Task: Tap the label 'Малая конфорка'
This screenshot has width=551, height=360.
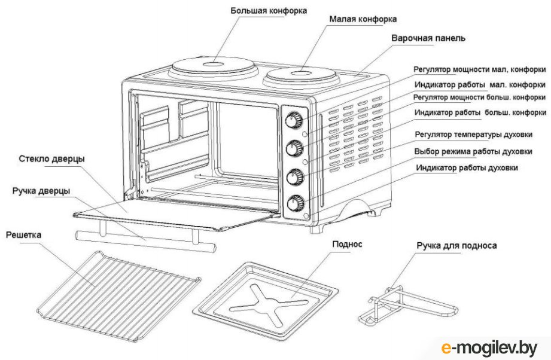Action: pos(363,19)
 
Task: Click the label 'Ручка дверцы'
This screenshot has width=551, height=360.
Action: pos(41,191)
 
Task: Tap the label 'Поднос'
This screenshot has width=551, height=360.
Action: pos(346,245)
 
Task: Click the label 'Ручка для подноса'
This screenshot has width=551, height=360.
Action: pos(457,245)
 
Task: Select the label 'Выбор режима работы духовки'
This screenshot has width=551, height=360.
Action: pos(473,151)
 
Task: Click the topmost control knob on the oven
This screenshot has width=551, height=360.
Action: pos(293,121)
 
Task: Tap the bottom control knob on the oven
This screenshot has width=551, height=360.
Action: pos(295,203)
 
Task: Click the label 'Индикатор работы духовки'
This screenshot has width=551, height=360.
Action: pos(467,168)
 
